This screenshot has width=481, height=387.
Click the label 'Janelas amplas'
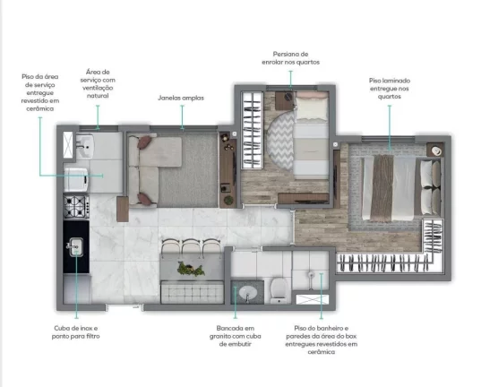tap(181, 98)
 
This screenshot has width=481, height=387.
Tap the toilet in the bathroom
tap(279, 290)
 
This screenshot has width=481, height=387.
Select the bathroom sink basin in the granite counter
tap(248, 292)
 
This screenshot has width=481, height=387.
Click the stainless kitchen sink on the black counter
tap(75, 246)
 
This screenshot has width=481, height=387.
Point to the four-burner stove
tap(76, 207)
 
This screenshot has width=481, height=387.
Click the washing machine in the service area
tap(77, 179)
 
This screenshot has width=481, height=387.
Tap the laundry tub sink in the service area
tap(85, 146)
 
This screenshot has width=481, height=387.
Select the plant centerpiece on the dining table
tap(191, 269)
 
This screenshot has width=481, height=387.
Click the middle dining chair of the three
tap(192, 246)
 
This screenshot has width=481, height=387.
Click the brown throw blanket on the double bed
tap(382, 188)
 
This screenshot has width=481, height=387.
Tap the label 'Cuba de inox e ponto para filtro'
tap(76, 332)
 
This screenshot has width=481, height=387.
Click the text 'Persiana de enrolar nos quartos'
tap(290, 58)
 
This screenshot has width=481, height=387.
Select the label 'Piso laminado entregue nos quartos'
tap(390, 89)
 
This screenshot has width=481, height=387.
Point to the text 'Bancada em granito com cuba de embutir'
tap(236, 336)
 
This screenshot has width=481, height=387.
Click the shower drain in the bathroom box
tap(311, 274)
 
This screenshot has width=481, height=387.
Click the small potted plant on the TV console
tap(228, 200)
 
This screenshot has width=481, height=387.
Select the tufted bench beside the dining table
tap(192, 292)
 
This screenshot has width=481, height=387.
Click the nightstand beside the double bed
tap(435, 150)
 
